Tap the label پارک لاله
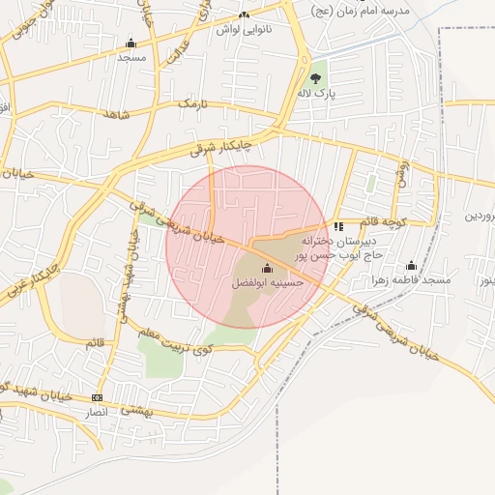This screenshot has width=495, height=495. (x=317, y=94)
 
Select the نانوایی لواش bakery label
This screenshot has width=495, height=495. (x=244, y=29)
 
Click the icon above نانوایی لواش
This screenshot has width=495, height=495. (x=244, y=15)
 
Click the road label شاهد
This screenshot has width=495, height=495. (x=116, y=115)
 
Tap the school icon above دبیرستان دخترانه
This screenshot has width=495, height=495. (x=337, y=225)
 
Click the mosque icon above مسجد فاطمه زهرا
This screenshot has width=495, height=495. (x=412, y=265)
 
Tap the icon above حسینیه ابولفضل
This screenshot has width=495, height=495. (x=268, y=268)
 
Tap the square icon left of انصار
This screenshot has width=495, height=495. (x=96, y=397)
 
